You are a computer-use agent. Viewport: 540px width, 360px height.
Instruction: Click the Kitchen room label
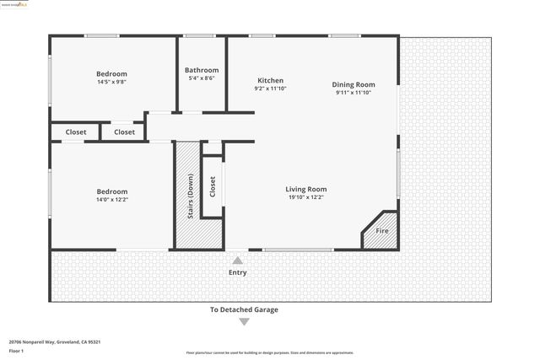click(x=270, y=81)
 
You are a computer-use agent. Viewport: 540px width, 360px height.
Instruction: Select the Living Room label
click(x=305, y=190)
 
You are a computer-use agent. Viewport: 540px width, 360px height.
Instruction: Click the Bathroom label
click(x=202, y=70)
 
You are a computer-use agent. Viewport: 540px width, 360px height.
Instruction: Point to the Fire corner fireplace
click(x=381, y=231)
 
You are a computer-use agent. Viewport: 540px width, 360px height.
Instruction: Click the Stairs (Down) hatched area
click(x=187, y=198)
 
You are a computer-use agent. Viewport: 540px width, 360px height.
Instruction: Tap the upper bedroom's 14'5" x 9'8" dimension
click(x=111, y=82)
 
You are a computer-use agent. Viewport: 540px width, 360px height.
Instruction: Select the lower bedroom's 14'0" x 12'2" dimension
click(x=111, y=200)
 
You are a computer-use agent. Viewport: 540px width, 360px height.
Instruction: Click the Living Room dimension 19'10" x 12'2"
click(x=305, y=197)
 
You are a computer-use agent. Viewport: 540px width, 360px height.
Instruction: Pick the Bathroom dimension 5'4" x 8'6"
click(x=202, y=78)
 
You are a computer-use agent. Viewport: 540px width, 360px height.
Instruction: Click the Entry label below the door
click(x=238, y=272)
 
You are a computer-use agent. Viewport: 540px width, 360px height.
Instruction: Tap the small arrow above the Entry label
click(x=238, y=261)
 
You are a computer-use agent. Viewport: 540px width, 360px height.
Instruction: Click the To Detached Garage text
click(x=244, y=309)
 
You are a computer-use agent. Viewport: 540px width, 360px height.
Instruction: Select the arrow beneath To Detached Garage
click(x=244, y=321)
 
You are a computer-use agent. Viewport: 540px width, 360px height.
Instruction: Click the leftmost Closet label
click(x=75, y=132)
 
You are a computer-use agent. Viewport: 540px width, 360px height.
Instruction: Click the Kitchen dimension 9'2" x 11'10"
click(x=270, y=89)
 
